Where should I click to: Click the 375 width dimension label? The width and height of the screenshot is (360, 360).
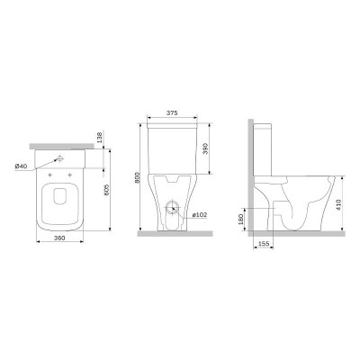pos(172,112)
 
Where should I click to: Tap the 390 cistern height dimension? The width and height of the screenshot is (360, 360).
pos(205,148)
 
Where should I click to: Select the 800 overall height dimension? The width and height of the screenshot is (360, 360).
pos(138,178)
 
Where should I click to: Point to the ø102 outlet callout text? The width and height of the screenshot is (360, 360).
pos(199,215)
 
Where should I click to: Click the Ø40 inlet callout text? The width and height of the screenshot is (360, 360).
pos(22,166)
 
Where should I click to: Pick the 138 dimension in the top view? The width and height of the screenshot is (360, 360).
pos(100,137)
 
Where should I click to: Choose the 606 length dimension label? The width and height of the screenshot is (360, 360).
pos(106,190)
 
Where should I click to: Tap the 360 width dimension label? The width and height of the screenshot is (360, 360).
pos(59,238)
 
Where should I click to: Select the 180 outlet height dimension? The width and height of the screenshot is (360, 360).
pos(240,220)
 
